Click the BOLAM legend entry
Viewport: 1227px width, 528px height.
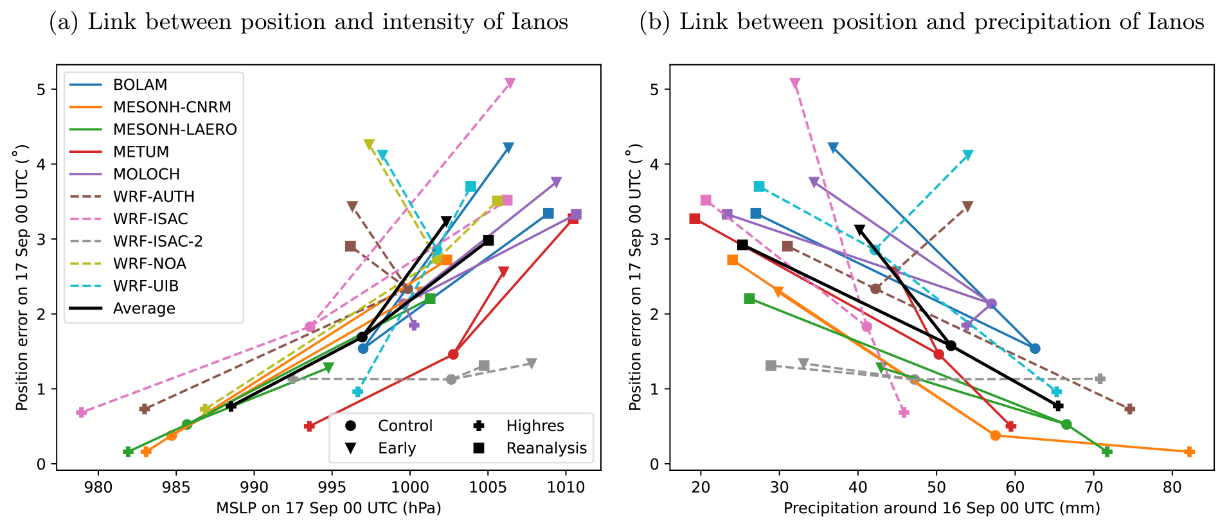[x=139, y=85]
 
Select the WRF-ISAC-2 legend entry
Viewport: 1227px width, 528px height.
[x=157, y=242]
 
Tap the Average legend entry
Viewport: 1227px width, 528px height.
[x=144, y=308]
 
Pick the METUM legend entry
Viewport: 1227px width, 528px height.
[x=141, y=152]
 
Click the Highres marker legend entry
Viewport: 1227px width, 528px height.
[x=534, y=426]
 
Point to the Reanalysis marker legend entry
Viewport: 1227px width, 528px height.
[x=546, y=448]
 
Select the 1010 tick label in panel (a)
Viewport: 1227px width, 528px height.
[x=566, y=488]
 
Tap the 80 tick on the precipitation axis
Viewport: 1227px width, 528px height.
[x=1172, y=488]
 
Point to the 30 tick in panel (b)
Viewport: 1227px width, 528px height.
[x=779, y=488]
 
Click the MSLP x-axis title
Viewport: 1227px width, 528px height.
[x=328, y=509]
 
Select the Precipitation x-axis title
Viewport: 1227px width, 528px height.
[x=942, y=509]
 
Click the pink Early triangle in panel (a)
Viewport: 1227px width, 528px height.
[x=510, y=84]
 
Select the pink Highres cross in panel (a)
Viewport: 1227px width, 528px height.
[x=81, y=412]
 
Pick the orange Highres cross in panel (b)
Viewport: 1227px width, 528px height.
[x=1189, y=452]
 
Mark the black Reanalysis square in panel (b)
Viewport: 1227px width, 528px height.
[x=742, y=245]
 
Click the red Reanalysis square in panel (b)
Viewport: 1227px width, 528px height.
[x=695, y=219]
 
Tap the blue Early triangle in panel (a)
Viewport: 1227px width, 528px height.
[x=508, y=148]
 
